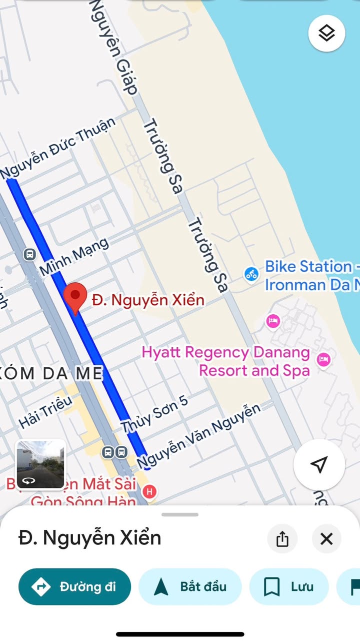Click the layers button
click(x=326, y=34)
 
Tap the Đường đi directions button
click(x=74, y=586)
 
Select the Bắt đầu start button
click(x=190, y=586)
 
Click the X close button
click(x=326, y=539)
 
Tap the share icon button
click(x=282, y=539)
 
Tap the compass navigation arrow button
click(x=319, y=464)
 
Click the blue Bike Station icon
click(x=251, y=274)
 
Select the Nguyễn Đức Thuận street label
click(x=58, y=149)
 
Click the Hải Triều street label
click(x=45, y=412)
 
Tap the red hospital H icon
click(x=149, y=492)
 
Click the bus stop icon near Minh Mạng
click(x=29, y=255)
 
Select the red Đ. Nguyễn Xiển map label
click(x=148, y=300)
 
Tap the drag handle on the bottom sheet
click(x=180, y=514)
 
